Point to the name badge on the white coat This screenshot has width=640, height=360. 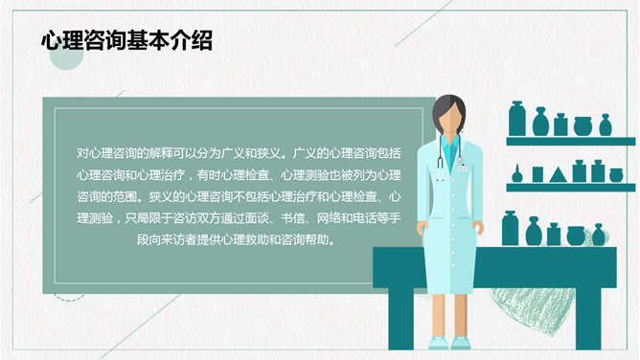coord(463,168)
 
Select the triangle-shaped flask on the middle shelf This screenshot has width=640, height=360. coord(537,174)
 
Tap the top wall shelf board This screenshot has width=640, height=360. coord(570,141)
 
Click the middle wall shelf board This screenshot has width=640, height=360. coord(570,188)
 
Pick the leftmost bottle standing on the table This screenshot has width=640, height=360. coord(510,229)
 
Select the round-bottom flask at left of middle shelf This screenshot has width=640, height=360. coord(516,175)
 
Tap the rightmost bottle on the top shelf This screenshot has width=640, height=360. coord(606,125)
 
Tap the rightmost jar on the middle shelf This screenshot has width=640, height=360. coord(614,174)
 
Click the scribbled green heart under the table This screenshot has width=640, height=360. coord(527,306)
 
